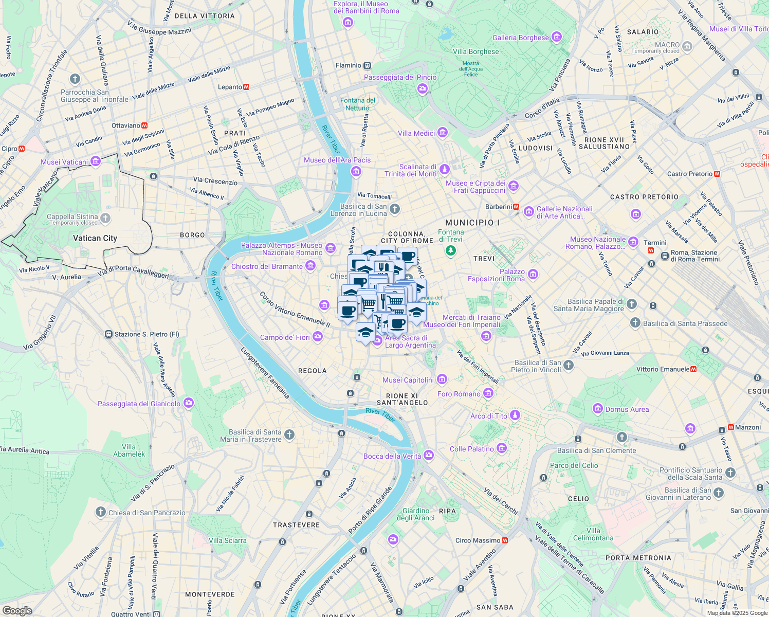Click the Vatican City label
pyautogui.click(x=95, y=238)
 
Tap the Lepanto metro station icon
pyautogui.click(x=246, y=87)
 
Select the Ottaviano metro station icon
pyautogui.click(x=144, y=125)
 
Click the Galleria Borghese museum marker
pyautogui.click(x=556, y=37)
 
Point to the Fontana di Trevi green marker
pyautogui.click(x=451, y=250)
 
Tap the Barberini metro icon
pyautogui.click(x=516, y=207)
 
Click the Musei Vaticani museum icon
pyautogui.click(x=95, y=161)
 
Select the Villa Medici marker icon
pyautogui.click(x=442, y=133)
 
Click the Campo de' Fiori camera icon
pyautogui.click(x=317, y=337)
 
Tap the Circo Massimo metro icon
pyautogui.click(x=505, y=540)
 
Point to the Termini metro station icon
pyautogui.click(x=650, y=250)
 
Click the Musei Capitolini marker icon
pyautogui.click(x=442, y=380)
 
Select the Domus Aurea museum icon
pyautogui.click(x=597, y=409)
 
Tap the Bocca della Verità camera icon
pyautogui.click(x=428, y=456)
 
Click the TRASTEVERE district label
pyautogui.click(x=296, y=525)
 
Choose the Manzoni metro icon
pyautogui.click(x=731, y=427)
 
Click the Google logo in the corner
pyautogui.click(x=17, y=610)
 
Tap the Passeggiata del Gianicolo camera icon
pyautogui.click(x=189, y=403)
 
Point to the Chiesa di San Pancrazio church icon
pyautogui.click(x=101, y=512)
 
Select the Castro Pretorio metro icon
pyautogui.click(x=717, y=174)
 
